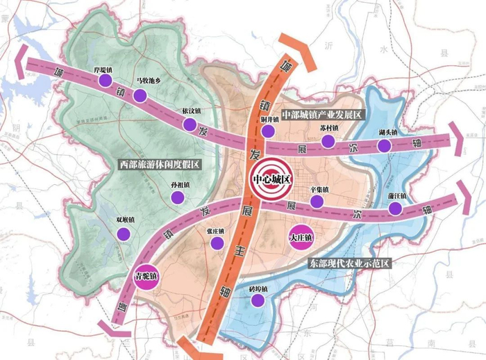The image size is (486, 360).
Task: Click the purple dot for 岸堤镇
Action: (x=105, y=81)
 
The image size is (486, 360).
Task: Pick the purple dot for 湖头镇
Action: (x=384, y=145)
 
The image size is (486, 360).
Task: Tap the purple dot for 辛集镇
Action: (x=317, y=202)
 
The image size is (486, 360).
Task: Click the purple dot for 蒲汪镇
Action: (x=396, y=209)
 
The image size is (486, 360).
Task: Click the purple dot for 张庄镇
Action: (x=217, y=243)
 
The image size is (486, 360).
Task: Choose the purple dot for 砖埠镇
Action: (x=259, y=300)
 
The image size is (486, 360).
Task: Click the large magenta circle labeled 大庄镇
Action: (x=301, y=237)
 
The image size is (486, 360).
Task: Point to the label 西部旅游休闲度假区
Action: (x=158, y=164)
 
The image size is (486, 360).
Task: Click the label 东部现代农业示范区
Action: (x=350, y=263)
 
